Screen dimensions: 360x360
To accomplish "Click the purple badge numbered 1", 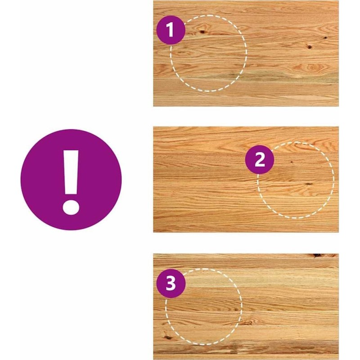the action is [x=171, y=30].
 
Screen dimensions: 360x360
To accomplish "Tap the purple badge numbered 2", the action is [x=260, y=160].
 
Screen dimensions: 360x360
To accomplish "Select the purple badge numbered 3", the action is [x=171, y=283].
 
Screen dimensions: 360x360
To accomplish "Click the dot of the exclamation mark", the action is [x=71, y=207].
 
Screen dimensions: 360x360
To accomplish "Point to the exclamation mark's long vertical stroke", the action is [x=71, y=172].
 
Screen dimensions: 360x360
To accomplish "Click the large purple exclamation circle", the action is [x=71, y=180].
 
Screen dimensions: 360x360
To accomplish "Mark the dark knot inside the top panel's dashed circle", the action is [x=202, y=31].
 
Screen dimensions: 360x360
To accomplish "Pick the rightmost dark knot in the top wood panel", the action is [x=325, y=37].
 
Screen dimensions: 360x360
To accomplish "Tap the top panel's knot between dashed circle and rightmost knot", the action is [x=310, y=47].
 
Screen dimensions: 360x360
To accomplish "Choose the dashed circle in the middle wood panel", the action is [x=333, y=180].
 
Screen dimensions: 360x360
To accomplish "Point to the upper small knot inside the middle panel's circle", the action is [x=292, y=162].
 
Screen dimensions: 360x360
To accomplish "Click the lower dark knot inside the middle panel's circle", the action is [x=309, y=184].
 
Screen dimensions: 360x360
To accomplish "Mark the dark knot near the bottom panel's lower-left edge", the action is [x=167, y=337].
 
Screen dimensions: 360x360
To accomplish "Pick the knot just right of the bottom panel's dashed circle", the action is [x=247, y=323].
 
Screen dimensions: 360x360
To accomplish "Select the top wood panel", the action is [x=246, y=53].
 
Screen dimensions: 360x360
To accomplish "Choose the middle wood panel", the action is [x=246, y=180].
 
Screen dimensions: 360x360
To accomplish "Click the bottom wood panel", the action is [x=246, y=306].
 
